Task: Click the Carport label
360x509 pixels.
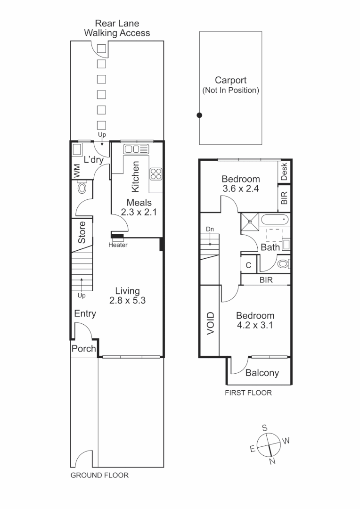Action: pyautogui.click(x=230, y=81)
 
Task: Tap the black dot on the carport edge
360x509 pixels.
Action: pyautogui.click(x=199, y=115)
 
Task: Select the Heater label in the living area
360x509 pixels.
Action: pyautogui.click(x=118, y=245)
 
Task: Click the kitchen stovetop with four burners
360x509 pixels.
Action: pyautogui.click(x=155, y=174)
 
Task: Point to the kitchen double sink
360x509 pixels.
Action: pyautogui.click(x=136, y=149)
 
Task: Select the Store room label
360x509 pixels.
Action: pyautogui.click(x=82, y=232)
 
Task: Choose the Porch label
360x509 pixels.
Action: pyautogui.click(x=83, y=349)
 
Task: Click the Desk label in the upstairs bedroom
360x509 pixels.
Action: pyautogui.click(x=284, y=172)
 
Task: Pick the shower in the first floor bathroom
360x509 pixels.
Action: pyautogui.click(x=249, y=222)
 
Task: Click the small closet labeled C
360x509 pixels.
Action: pyautogui.click(x=248, y=265)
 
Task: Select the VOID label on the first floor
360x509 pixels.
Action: pyautogui.click(x=210, y=323)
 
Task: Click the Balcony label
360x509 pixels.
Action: pyautogui.click(x=262, y=373)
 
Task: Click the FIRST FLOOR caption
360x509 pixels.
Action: pyautogui.click(x=248, y=393)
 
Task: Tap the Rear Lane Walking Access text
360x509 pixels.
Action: pyautogui.click(x=117, y=28)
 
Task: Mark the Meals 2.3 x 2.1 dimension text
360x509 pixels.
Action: pyautogui.click(x=139, y=207)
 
